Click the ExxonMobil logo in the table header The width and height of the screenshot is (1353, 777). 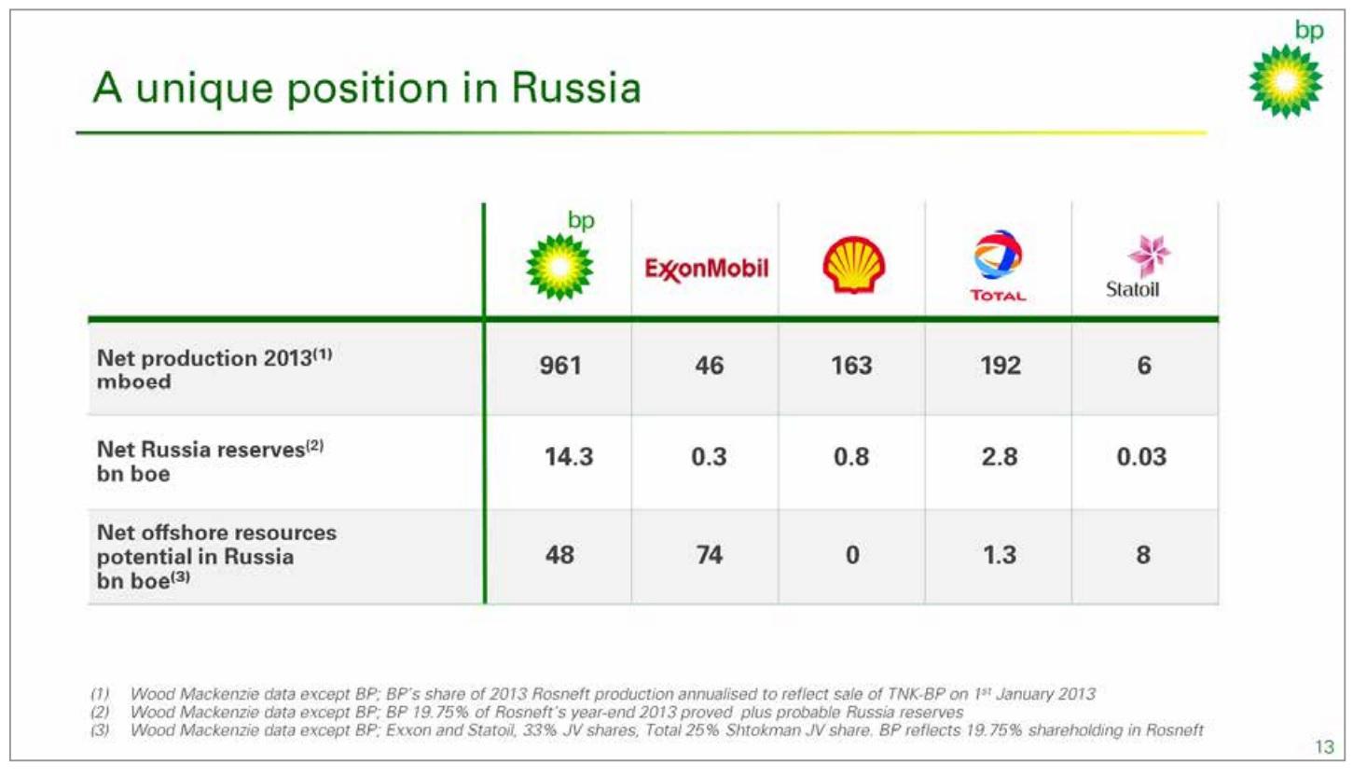(706, 269)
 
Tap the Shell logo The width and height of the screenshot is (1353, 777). (853, 265)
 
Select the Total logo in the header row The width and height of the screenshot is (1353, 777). (998, 265)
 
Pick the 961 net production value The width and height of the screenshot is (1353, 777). (560, 366)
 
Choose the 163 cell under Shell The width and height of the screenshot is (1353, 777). (851, 366)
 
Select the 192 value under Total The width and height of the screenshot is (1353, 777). (1001, 366)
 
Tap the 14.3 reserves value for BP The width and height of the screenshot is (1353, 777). (569, 457)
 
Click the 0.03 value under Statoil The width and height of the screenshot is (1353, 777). (1141, 457)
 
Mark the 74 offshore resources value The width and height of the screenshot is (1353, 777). (709, 555)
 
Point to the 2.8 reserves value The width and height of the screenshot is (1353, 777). (1000, 457)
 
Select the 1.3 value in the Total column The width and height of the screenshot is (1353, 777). (1000, 555)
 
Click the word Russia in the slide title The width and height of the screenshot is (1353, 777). (576, 89)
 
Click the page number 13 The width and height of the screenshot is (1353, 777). (1325, 747)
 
